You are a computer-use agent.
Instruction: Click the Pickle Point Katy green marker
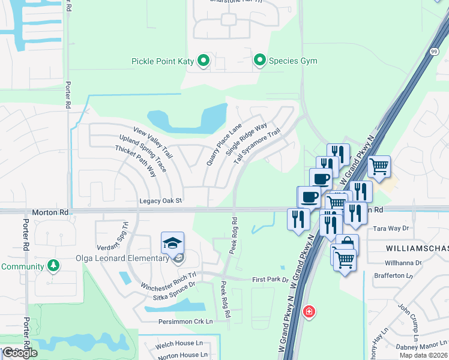[x=203, y=61]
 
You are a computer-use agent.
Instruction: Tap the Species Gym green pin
[x=260, y=61]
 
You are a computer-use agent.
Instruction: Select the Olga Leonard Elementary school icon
[x=172, y=244]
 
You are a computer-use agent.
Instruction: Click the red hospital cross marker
[x=309, y=312]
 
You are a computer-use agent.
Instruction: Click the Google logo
[x=20, y=353]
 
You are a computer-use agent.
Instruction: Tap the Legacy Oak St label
[x=160, y=201]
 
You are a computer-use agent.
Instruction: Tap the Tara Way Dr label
[x=391, y=229]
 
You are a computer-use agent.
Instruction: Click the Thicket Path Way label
[x=136, y=160]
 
